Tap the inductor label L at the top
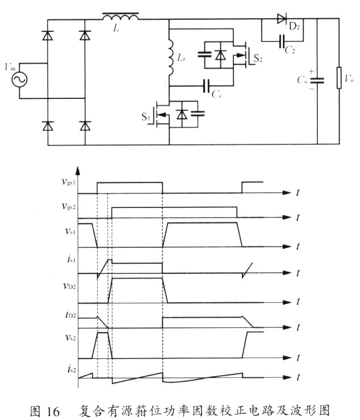click(x=116, y=27)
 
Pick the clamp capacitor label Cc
click(x=216, y=94)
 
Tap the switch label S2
click(x=258, y=58)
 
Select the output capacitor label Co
click(x=302, y=81)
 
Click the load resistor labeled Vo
click(x=340, y=79)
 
